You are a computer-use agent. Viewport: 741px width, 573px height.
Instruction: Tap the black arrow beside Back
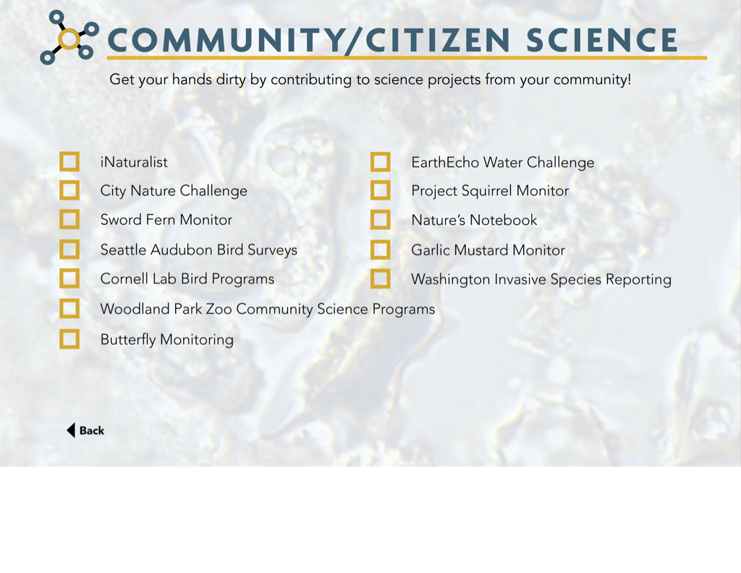(71, 430)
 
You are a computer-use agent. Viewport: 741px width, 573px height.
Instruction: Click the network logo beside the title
(69, 38)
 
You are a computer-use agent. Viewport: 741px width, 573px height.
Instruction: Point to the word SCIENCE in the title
(601, 40)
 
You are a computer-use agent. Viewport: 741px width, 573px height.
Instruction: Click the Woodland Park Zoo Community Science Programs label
(268, 309)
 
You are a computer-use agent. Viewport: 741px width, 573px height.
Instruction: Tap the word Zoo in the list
(219, 309)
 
